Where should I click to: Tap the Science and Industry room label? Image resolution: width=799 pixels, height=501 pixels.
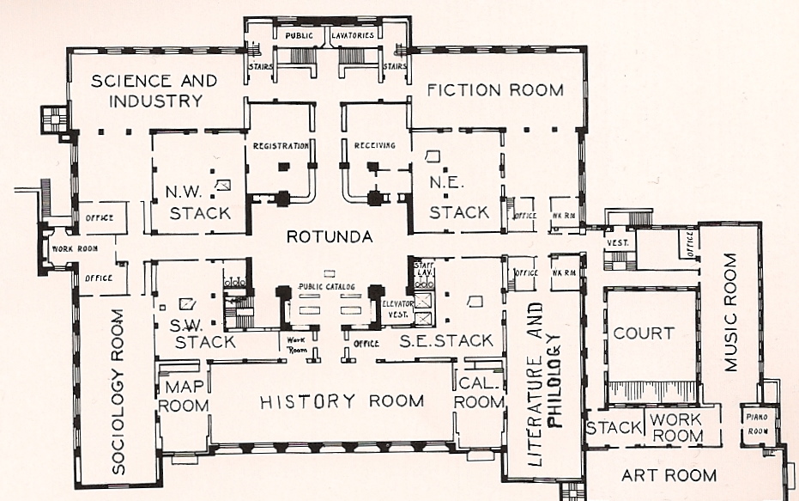pyautogui.click(x=154, y=90)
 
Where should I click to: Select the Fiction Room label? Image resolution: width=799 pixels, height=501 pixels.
pyautogui.click(x=495, y=89)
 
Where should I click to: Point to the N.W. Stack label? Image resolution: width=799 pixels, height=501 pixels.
pyautogui.click(x=198, y=203)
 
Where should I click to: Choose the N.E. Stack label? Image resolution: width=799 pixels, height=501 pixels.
pyautogui.click(x=458, y=202)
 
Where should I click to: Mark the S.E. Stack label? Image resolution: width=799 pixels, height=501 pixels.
pyautogui.click(x=446, y=340)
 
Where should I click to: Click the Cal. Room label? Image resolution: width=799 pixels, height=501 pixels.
pyautogui.click(x=478, y=392)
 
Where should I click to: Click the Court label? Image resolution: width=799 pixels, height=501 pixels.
pyautogui.click(x=644, y=333)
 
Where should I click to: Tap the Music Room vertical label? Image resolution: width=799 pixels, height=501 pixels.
pyautogui.click(x=729, y=312)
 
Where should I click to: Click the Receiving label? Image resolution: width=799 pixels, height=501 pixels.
pyautogui.click(x=375, y=146)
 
